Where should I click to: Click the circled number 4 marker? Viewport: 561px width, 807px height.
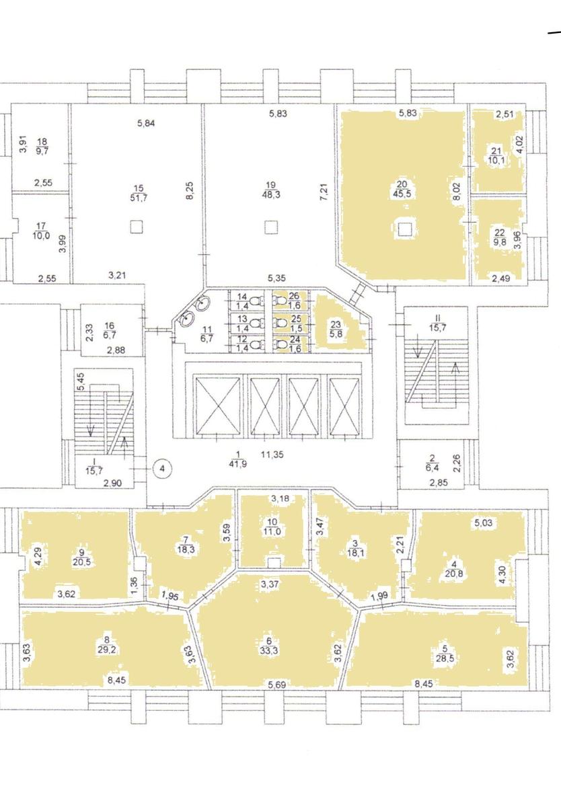click(x=162, y=469)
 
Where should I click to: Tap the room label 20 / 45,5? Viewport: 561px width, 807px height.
click(x=404, y=190)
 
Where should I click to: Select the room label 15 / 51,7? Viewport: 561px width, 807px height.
click(x=139, y=193)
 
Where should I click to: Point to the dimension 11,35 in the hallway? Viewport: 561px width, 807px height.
click(x=272, y=455)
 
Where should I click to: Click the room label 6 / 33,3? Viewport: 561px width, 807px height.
click(x=272, y=647)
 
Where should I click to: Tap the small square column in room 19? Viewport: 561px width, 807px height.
click(x=270, y=227)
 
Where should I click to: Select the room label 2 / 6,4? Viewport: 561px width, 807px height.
click(x=433, y=463)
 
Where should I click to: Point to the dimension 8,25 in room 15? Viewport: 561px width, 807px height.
click(x=190, y=190)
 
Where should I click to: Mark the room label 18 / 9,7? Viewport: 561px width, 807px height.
click(x=44, y=146)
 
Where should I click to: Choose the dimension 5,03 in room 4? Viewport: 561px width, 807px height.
click(x=483, y=523)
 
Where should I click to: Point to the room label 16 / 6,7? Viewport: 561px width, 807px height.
click(x=109, y=330)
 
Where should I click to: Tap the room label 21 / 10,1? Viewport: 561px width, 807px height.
click(x=496, y=155)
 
